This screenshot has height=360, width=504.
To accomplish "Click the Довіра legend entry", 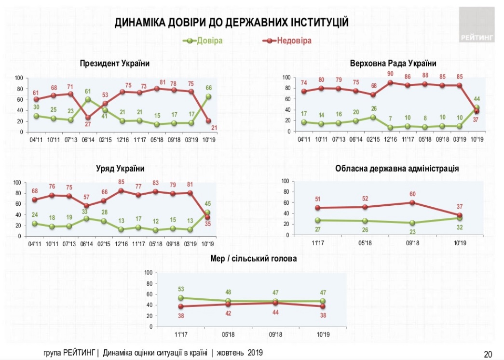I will click(209, 40).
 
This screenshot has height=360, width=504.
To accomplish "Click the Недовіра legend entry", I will click(294, 40).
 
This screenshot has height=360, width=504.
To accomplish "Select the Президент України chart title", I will click(115, 63).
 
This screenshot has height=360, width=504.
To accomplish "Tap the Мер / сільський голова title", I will click(253, 259).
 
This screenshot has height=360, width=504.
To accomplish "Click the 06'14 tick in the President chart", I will click(87, 141).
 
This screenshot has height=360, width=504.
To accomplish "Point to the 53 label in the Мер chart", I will click(181, 289).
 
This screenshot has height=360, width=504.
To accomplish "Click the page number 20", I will click(488, 354).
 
